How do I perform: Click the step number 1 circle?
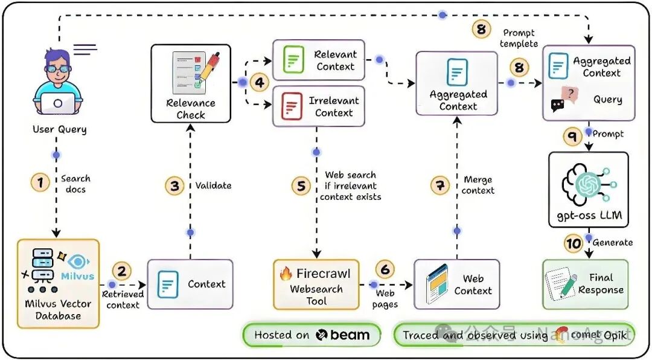point(40,182)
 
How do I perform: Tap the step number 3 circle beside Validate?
point(174,186)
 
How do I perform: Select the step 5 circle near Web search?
point(301,186)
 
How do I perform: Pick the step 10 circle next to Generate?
point(573,243)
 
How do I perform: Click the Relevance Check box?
point(191,83)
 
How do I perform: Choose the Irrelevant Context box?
point(319,106)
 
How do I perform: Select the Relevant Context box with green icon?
point(319,60)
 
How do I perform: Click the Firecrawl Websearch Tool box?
point(316,284)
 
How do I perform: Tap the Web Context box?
point(456,284)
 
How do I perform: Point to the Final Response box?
point(585,284)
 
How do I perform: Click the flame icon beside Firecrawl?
point(286,273)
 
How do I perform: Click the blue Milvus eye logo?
point(77,262)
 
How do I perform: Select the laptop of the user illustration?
point(58,103)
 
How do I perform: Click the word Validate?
point(213,186)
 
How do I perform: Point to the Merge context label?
point(479,185)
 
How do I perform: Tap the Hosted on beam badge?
point(312,335)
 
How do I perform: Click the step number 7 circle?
point(440,185)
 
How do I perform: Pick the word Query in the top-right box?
point(607,100)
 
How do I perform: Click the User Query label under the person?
point(59,129)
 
